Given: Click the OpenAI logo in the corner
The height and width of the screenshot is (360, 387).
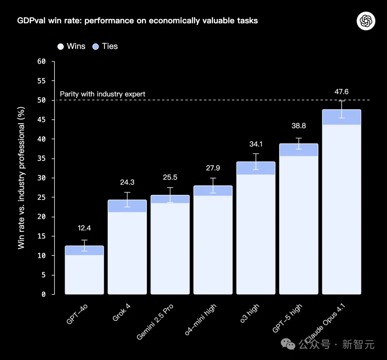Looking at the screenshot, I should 366,21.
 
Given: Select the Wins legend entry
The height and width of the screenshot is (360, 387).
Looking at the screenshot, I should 71,46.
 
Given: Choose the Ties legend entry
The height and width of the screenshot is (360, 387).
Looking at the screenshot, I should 105,46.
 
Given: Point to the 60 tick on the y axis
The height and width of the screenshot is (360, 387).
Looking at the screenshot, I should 42,62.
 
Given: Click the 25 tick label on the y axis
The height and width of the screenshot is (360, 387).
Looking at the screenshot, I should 42,197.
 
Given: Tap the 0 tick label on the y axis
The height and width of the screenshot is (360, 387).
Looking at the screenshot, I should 43,294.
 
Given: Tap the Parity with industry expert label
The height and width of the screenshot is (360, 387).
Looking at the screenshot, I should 102,94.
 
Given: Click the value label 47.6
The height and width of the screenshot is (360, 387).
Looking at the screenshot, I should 341,92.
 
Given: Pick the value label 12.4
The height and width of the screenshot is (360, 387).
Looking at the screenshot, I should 84,228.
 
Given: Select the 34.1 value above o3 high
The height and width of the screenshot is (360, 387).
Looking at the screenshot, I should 256,144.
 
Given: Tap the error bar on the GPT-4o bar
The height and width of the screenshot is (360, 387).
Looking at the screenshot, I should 84,245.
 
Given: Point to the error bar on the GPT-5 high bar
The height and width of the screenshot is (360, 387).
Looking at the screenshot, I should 298,143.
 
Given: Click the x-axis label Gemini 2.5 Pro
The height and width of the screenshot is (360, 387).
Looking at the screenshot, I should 155,322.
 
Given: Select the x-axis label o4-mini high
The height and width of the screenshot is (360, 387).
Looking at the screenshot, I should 201,320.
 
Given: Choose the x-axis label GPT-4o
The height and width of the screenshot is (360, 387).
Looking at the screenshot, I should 76,314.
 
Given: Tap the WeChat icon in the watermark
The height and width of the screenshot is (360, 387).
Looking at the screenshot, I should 288,344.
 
